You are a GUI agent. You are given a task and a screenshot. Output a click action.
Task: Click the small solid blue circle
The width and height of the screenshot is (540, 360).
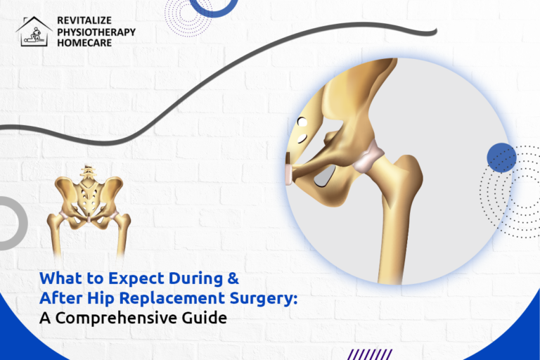coord(501,157)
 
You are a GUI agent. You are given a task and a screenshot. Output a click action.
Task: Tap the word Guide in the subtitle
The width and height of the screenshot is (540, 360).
coord(205,318)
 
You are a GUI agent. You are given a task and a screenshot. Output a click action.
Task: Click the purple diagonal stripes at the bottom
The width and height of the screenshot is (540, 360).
coord(370,354)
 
